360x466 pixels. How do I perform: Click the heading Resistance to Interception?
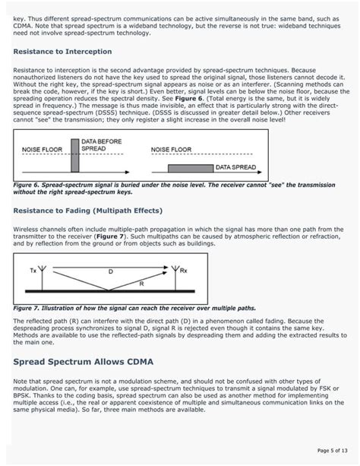pyautogui.click(x=62, y=52)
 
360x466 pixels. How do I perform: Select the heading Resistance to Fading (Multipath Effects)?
pyautogui.click(x=88, y=210)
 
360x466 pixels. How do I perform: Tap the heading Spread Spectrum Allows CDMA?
pyautogui.click(x=99, y=362)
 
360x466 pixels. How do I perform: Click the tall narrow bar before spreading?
pyautogui.click(x=75, y=157)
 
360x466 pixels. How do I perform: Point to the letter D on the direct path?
pyautogui.click(x=110, y=271)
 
